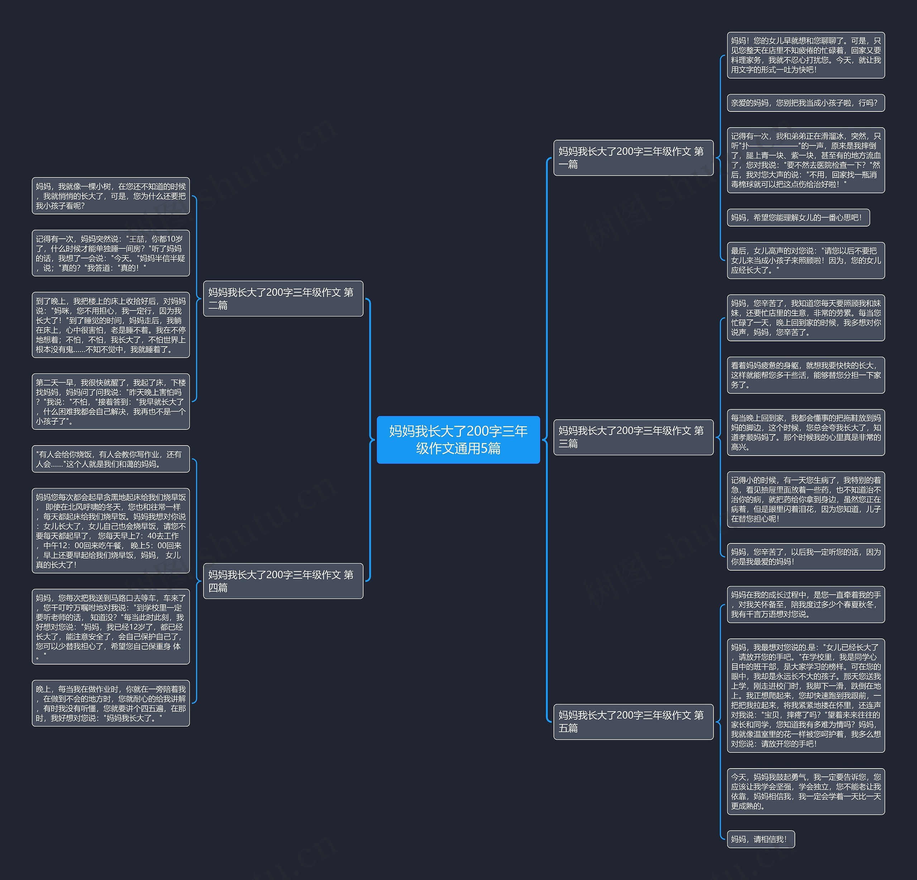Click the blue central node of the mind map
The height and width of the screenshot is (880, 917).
coord(458,439)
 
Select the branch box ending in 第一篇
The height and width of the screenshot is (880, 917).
coord(633,158)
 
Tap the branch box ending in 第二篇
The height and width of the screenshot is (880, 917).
coord(283,299)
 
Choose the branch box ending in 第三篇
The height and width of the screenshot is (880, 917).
coord(633,437)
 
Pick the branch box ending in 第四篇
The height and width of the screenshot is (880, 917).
coord(283,581)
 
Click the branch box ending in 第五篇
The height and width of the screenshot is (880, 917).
coord(633,722)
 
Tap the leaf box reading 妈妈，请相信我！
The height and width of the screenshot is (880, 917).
coord(760,839)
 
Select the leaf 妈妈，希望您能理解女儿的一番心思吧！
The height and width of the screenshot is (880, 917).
coord(798,218)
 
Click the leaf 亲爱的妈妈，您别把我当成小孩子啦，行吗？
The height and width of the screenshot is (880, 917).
coord(805,103)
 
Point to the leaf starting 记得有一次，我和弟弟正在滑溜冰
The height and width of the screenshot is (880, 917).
coord(805,160)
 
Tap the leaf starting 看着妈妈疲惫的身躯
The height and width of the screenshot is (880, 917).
coord(805,375)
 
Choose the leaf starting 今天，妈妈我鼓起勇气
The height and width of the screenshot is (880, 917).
coord(805,791)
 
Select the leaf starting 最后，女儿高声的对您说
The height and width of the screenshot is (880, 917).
coord(805,261)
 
